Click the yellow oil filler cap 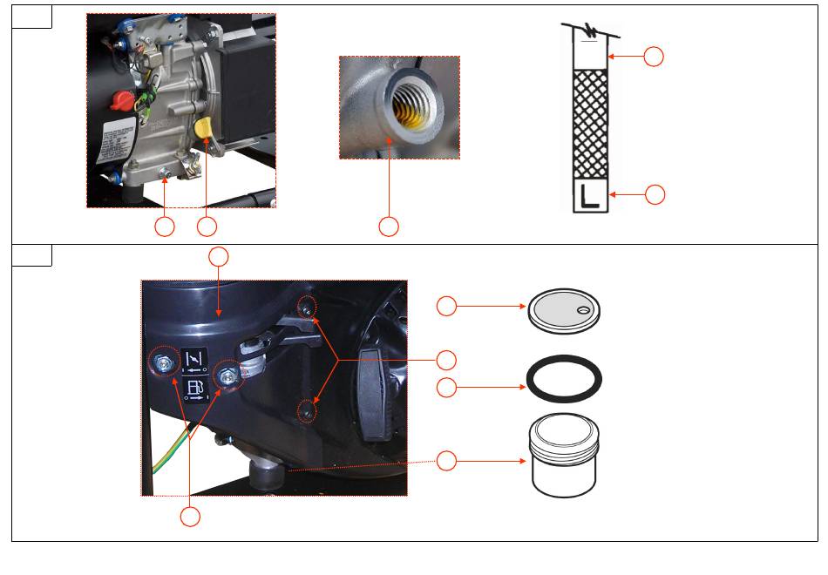[206, 128]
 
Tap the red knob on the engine [119, 101]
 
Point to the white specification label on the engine [117, 145]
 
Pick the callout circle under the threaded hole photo [389, 227]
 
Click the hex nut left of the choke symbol [163, 364]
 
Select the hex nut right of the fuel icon [228, 375]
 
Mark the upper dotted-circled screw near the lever [306, 307]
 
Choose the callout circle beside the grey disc [446, 306]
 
